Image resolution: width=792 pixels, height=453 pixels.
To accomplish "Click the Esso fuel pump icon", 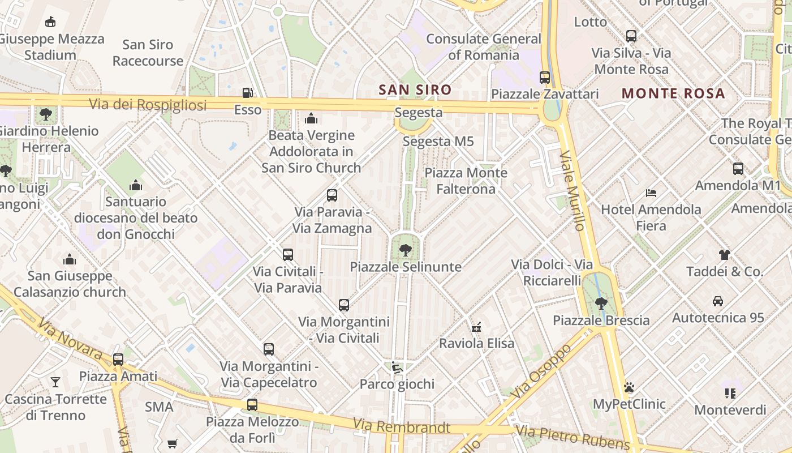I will point(247,92).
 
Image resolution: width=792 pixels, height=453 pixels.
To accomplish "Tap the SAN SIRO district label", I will point(415,89).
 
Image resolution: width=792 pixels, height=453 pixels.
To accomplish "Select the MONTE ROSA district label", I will point(673,93).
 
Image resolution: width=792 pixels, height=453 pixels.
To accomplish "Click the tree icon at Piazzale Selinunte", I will point(405,250).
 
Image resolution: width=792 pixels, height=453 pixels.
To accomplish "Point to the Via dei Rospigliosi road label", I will point(148,104).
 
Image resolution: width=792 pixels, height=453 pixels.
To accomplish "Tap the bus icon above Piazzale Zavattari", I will point(545,77).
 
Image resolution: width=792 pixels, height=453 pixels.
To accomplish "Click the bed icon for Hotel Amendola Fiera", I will point(651,193).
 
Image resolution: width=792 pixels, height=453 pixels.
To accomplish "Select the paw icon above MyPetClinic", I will point(629,387).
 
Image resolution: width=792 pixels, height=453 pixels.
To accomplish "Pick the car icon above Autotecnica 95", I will point(718,301).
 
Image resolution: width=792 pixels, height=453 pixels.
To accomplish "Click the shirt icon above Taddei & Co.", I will point(725,254).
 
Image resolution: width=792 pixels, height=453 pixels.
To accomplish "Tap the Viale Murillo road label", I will point(572,191).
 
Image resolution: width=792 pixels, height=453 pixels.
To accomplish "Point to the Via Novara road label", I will point(70,339).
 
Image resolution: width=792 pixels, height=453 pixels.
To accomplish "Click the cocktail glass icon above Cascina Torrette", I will point(55,382).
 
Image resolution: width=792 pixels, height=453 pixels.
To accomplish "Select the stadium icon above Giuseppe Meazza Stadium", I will point(50,22).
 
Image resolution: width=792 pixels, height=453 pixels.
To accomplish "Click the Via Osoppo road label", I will point(541,370).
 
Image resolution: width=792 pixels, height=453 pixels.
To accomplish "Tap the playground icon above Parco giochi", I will point(397,367).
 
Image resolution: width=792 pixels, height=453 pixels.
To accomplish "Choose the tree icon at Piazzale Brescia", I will point(601,303).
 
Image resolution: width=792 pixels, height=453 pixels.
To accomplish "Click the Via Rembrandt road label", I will point(401,426).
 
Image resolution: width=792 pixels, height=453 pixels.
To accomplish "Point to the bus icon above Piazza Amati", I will point(118,359).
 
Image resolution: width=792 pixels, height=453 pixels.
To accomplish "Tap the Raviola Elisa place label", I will point(477,343).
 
